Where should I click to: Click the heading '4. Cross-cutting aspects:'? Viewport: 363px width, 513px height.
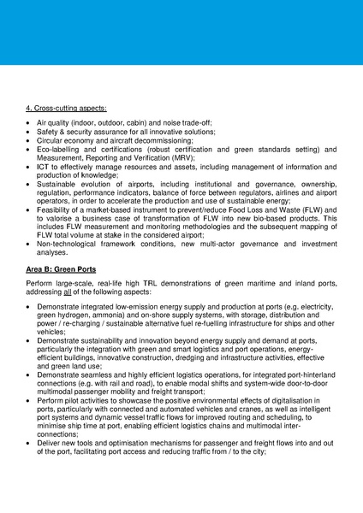(67, 108)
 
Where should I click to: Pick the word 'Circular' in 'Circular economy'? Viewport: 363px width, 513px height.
(52, 141)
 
